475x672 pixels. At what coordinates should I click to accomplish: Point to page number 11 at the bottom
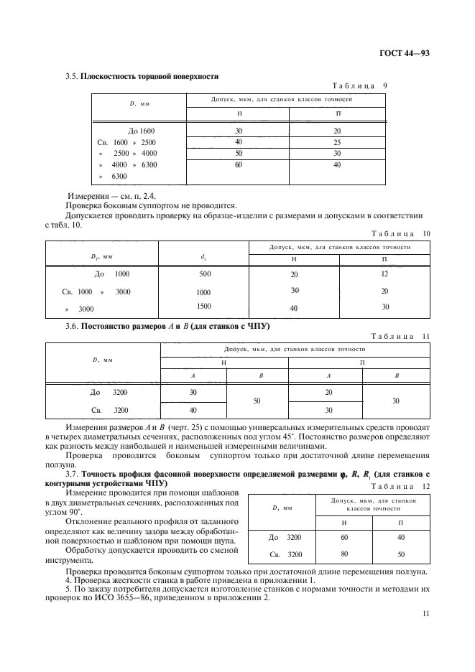pos(425,613)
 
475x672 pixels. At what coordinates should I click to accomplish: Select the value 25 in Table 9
pos(338,142)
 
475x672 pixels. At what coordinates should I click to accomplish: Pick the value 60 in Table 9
pos(238,164)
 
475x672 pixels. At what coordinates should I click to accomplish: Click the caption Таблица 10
pos(400,233)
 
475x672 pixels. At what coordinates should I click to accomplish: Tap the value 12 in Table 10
pos(384,274)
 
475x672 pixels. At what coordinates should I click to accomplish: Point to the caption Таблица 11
pos(400,336)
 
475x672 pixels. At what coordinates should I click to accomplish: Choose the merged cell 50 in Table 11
pos(257,400)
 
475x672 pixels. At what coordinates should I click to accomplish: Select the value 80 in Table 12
pos(344,554)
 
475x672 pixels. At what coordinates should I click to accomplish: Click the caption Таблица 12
pos(400,486)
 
